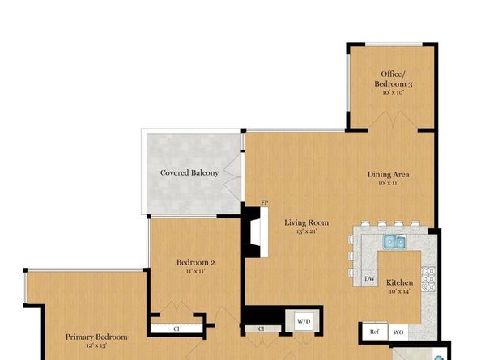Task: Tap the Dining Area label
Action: point(391,174)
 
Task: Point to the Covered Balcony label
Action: point(189,172)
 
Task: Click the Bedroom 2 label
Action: point(195,262)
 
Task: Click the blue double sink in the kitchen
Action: point(394,240)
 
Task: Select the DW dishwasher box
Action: point(368,278)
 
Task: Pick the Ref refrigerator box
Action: point(374,332)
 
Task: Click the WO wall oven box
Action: point(398,332)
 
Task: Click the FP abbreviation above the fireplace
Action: point(264,202)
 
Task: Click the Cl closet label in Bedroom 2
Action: point(176,328)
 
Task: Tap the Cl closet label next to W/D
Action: point(262,328)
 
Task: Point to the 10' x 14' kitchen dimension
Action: point(399,292)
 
